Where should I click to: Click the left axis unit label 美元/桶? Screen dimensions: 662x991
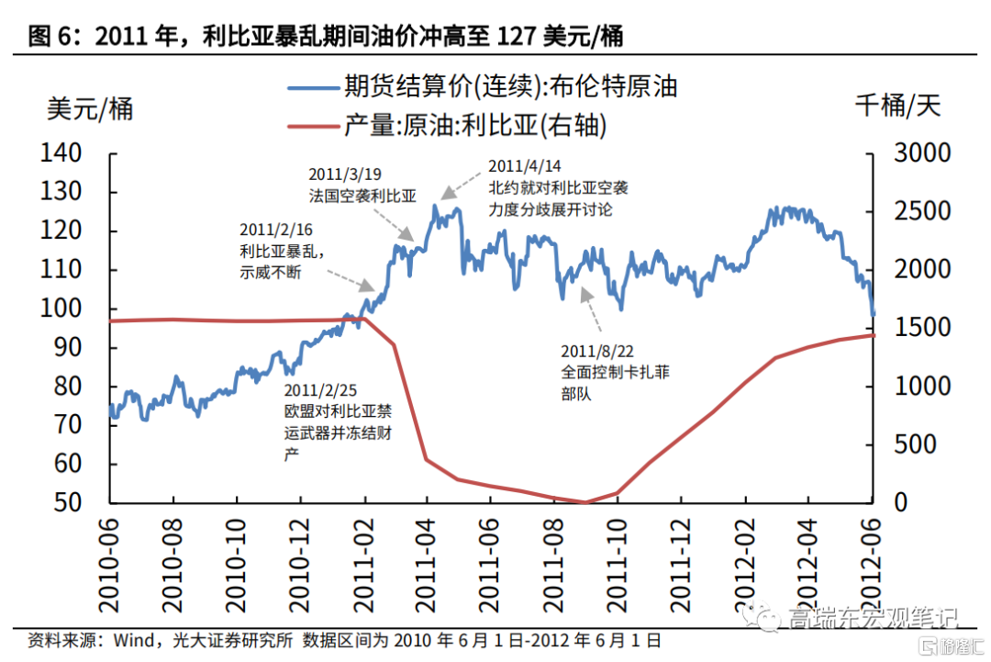coord(89,108)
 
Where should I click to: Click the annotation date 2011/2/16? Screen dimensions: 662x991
coord(275,229)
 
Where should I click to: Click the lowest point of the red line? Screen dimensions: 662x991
coord(585,502)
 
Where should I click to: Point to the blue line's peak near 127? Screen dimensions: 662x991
coord(434,206)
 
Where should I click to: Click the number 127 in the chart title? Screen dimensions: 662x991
coord(518,36)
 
